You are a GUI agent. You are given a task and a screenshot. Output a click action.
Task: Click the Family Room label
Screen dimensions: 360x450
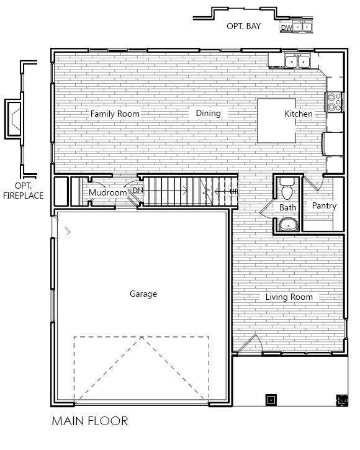[115, 114]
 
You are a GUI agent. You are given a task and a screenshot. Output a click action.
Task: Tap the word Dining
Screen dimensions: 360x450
[208, 114]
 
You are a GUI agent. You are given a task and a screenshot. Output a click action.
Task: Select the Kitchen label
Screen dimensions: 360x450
[299, 114]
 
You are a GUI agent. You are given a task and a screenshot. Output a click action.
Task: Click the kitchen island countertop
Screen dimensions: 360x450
[276, 120]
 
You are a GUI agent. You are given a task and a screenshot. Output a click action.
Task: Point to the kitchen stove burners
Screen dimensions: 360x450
[334, 102]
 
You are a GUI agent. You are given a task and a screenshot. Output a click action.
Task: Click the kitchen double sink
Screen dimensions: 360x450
[297, 61]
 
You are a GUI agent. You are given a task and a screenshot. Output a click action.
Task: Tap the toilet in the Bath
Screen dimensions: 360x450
[287, 189]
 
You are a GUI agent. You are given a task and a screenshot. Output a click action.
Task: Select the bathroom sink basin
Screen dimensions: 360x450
[289, 225]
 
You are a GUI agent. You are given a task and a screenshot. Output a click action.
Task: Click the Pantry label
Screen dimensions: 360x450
[324, 206]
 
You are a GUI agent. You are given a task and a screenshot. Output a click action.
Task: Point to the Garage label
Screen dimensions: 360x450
[143, 294]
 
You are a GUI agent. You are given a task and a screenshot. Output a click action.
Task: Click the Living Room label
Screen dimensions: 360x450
[289, 297]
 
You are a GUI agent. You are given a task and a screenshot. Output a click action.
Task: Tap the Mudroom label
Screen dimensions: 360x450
[107, 192]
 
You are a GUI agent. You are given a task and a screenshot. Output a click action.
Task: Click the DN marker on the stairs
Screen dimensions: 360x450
[138, 191]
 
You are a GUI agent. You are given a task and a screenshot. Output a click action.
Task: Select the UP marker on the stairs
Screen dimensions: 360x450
[233, 191]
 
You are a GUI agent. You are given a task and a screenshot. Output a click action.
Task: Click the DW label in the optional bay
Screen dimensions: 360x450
[287, 27]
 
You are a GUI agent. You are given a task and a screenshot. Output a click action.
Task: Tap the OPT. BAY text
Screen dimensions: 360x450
[243, 26]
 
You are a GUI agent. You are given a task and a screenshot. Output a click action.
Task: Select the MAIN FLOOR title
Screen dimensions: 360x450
[90, 421]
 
